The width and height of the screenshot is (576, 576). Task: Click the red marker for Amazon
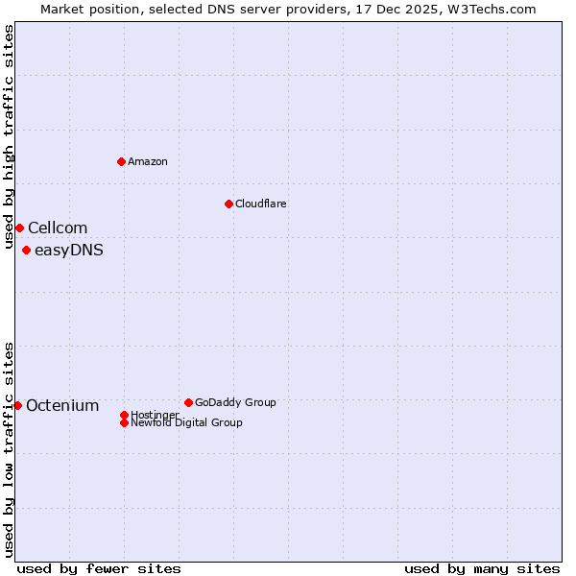[x=121, y=161]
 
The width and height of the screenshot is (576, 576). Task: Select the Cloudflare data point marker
[x=228, y=204]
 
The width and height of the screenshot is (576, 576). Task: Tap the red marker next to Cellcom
[x=19, y=228]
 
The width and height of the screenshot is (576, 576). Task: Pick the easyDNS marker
[x=26, y=251]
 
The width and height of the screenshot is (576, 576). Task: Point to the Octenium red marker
[x=17, y=405]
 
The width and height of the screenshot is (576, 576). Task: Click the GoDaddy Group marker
[x=188, y=402]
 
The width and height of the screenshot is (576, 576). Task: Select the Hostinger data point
[x=124, y=415]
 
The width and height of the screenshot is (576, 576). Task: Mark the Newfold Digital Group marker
[x=124, y=422]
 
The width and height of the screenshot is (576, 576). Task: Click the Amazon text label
[x=148, y=161]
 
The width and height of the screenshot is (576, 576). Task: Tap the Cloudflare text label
[x=261, y=204]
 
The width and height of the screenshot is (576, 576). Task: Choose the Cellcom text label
[x=58, y=228]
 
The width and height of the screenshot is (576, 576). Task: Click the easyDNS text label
[x=69, y=251]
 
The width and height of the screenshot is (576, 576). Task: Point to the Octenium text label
[x=62, y=405]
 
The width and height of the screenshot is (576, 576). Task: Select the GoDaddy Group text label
[x=235, y=402]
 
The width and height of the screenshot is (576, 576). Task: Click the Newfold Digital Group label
[x=187, y=423]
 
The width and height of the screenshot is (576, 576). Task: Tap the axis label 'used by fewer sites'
[x=99, y=568]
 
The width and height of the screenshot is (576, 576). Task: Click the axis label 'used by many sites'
[x=482, y=568]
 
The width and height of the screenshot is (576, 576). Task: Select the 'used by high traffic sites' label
[x=9, y=124]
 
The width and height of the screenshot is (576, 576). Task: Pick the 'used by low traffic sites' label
[x=9, y=448]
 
